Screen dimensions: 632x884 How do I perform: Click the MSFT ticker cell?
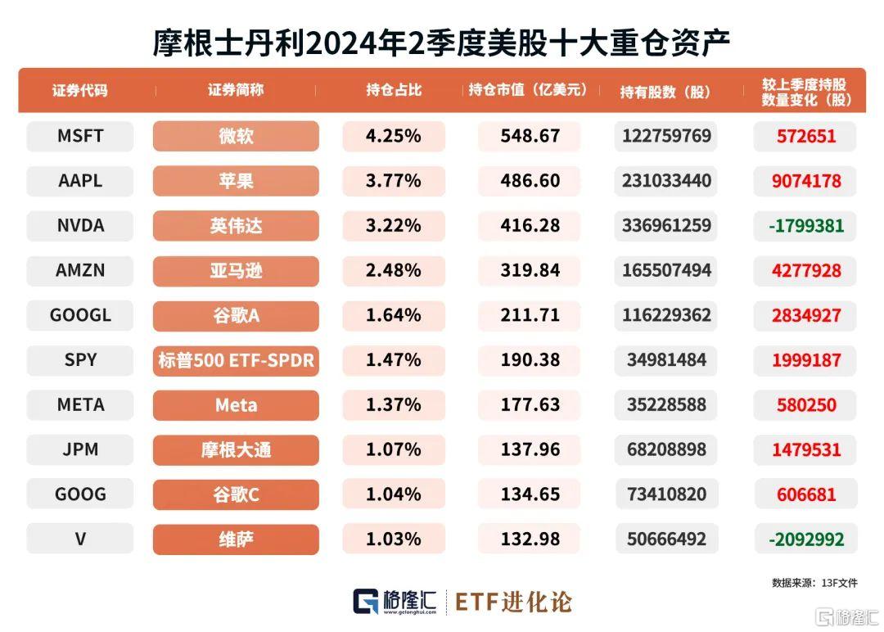80,136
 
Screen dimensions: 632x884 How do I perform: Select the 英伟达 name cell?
236,226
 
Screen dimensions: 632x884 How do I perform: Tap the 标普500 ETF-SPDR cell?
236,360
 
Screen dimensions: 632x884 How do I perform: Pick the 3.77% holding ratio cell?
394,181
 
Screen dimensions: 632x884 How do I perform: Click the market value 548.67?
530,136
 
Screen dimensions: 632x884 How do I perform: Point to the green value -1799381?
805,226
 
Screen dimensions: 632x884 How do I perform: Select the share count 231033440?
666,181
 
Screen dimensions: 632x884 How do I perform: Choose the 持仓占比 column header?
394,90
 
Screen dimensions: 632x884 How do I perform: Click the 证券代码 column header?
80,90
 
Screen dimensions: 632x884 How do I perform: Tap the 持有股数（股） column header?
666,91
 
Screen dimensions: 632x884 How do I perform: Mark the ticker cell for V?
80,539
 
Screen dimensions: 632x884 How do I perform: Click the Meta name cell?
236,405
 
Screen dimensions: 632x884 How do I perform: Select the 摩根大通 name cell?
236,449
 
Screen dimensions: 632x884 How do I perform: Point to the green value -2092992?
805,539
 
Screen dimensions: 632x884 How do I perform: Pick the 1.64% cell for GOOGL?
394,315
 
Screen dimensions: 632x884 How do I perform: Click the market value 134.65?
530,494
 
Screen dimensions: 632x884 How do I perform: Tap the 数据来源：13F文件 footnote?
814,583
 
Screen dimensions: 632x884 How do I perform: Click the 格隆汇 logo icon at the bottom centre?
365,602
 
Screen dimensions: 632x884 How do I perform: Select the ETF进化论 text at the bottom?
513,602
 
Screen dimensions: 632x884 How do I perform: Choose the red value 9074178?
805,181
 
